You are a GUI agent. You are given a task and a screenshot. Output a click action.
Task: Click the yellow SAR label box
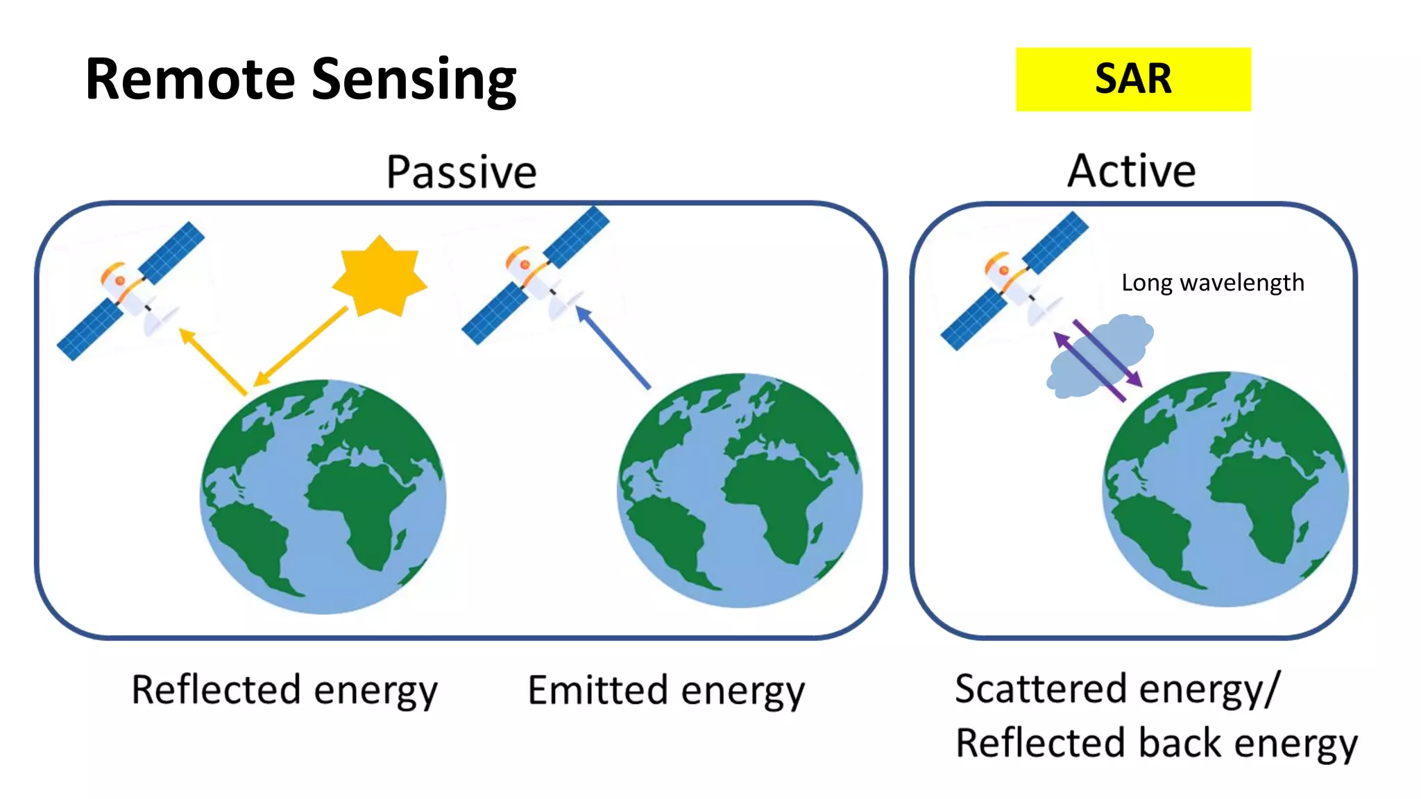click(x=1132, y=79)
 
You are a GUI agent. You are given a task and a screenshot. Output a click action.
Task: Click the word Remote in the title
click(x=190, y=79)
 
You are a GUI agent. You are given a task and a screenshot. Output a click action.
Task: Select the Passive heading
click(x=461, y=172)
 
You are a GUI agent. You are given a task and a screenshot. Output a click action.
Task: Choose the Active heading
click(x=1131, y=171)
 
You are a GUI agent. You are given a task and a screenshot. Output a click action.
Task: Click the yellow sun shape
click(x=380, y=277)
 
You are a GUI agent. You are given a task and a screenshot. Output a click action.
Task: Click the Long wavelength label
click(x=1212, y=283)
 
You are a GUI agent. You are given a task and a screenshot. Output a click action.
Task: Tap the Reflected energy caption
click(x=284, y=691)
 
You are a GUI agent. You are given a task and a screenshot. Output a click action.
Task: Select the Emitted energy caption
click(x=666, y=691)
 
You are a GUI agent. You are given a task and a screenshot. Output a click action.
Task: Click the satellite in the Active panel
click(x=1013, y=281)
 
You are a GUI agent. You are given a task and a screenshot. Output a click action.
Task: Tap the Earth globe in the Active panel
click(x=1225, y=489)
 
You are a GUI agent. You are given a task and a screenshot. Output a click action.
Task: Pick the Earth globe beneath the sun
click(x=323, y=496)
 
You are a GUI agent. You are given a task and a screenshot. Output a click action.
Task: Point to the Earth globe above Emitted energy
click(x=740, y=490)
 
